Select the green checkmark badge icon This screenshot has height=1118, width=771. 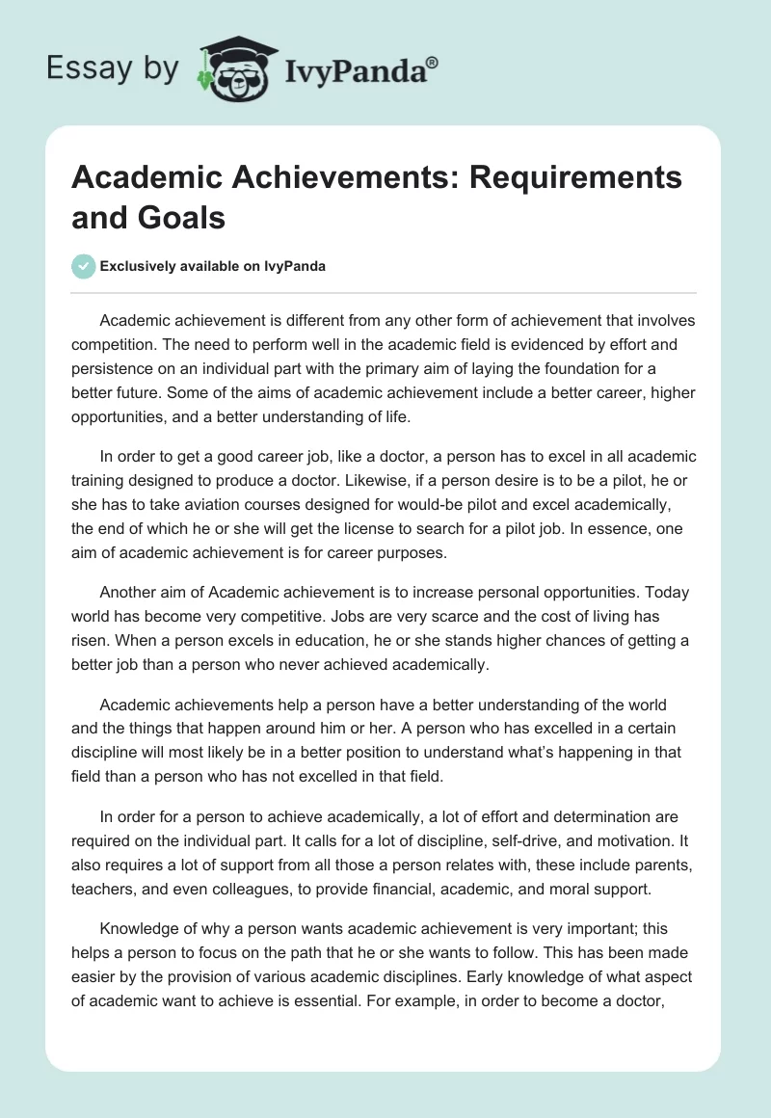point(84,266)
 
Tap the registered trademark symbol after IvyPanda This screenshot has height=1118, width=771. point(433,61)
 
